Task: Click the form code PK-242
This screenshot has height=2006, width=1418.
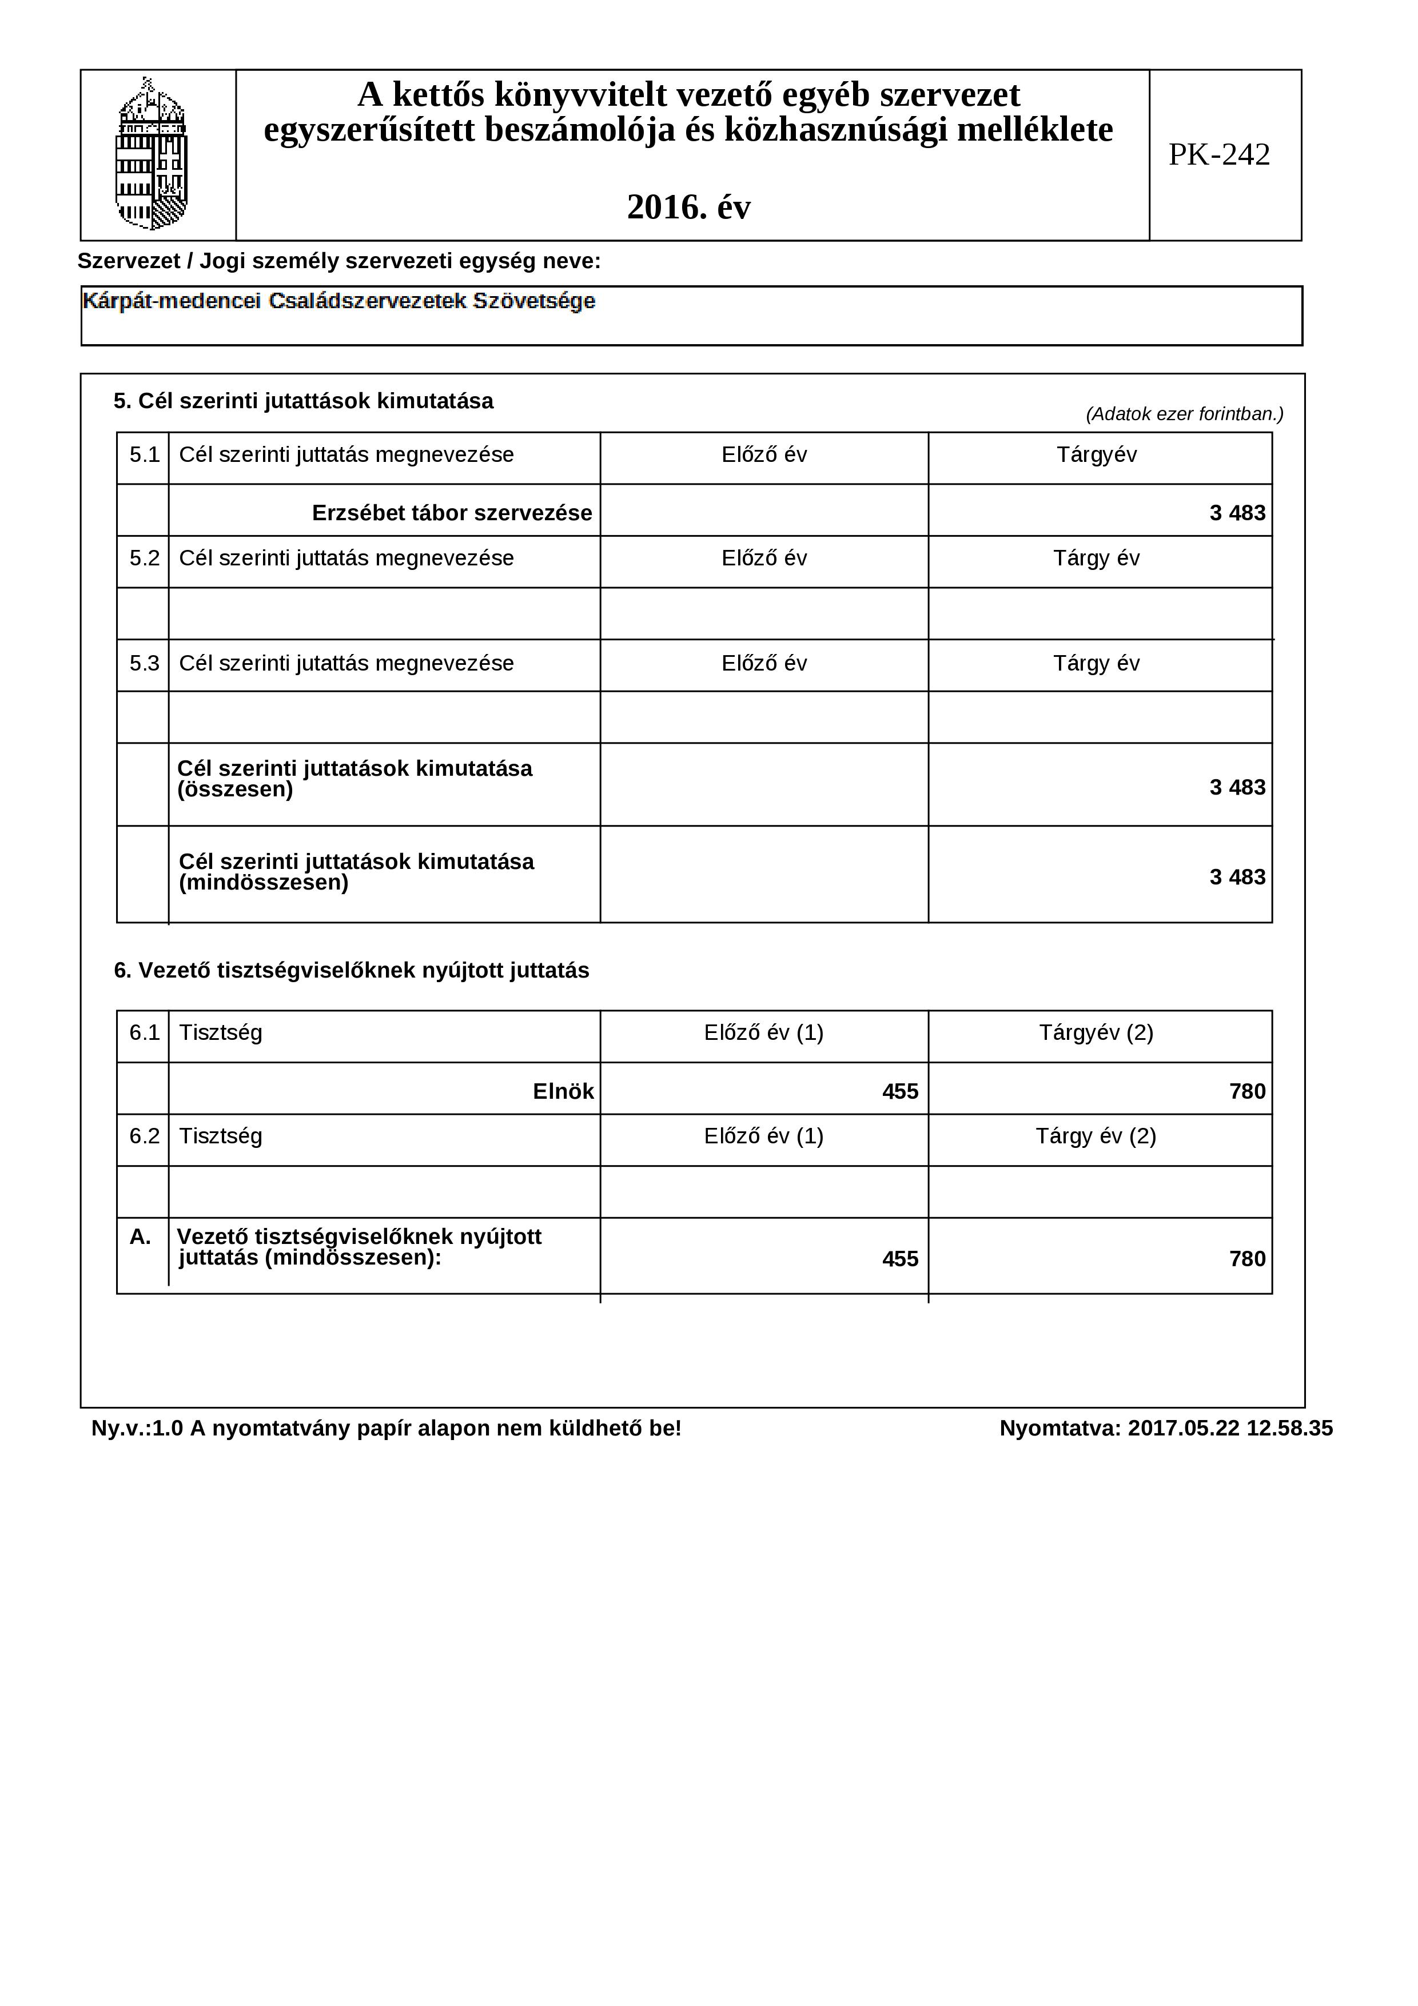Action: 1219,155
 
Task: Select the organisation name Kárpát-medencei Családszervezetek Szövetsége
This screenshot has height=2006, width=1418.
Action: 339,301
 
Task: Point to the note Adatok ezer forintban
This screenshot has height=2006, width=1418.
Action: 1184,414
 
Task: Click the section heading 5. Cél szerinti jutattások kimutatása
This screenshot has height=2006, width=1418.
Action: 303,401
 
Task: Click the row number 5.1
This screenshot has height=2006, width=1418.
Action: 144,455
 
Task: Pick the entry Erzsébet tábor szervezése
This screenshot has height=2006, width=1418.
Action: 452,513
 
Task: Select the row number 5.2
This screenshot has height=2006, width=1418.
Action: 144,559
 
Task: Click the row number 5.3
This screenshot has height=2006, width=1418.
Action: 144,663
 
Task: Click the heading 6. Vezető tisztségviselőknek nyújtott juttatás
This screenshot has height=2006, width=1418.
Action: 351,971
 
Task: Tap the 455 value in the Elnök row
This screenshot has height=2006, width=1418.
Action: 900,1091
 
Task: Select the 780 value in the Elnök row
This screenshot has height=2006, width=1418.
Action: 1247,1091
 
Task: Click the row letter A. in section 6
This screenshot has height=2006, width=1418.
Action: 140,1237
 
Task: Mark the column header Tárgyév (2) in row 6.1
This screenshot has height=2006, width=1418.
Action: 1096,1032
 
